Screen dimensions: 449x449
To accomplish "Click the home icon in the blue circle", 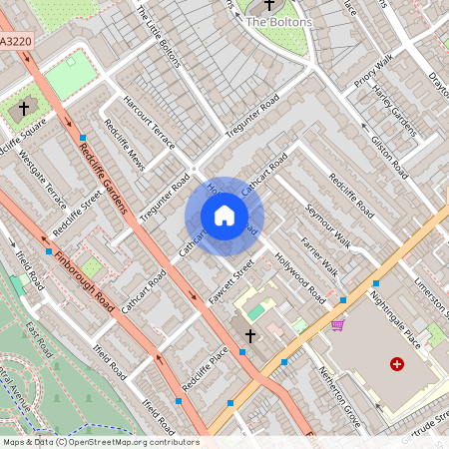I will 224,216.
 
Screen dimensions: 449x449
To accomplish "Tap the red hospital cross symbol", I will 398,365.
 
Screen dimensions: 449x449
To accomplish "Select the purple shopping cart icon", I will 338,324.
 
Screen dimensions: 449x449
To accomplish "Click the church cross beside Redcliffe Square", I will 24,107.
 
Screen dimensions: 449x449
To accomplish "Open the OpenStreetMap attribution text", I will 101,441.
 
